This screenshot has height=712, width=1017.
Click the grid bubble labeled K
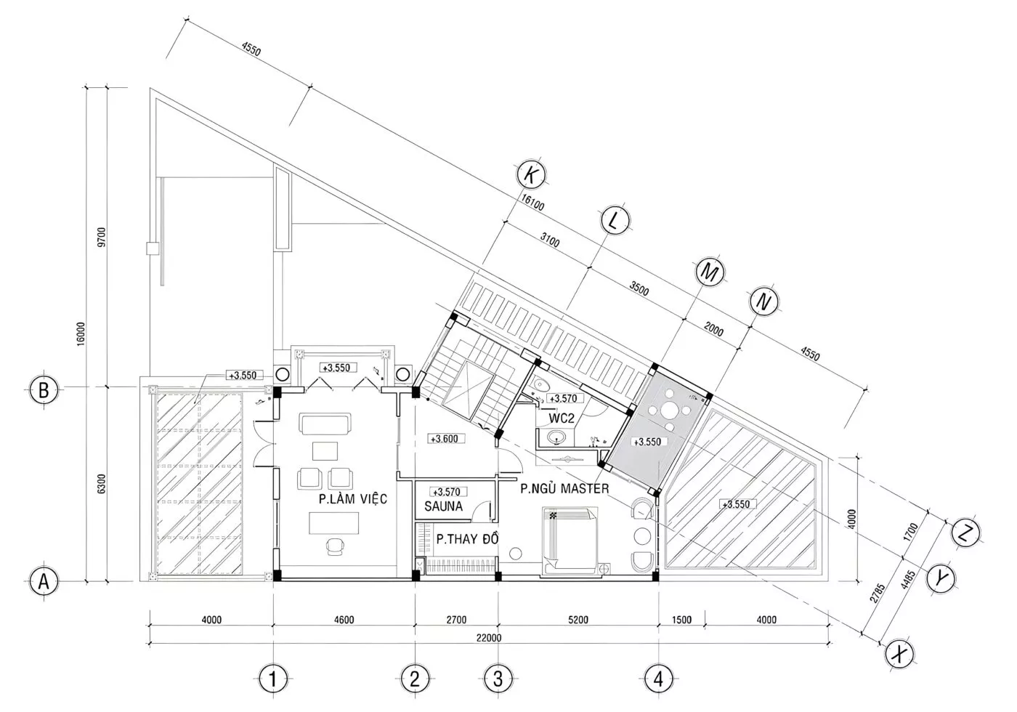[531, 175]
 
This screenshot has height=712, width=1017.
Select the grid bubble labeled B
[44, 389]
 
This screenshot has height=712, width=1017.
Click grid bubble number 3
[498, 679]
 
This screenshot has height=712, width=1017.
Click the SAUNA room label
[444, 506]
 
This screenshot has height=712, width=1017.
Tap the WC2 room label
[562, 418]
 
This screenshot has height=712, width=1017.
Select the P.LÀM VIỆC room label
[353, 498]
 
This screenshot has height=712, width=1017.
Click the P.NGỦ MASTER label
[564, 488]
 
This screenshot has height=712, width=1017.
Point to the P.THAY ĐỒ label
[467, 538]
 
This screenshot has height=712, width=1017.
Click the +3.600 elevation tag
[444, 439]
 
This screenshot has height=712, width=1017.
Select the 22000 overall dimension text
[489, 638]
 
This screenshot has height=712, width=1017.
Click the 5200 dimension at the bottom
[578, 619]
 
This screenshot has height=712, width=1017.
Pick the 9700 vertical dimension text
[101, 237]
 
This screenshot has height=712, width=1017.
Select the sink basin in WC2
[556, 437]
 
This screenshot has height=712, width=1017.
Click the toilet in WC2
[540, 384]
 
